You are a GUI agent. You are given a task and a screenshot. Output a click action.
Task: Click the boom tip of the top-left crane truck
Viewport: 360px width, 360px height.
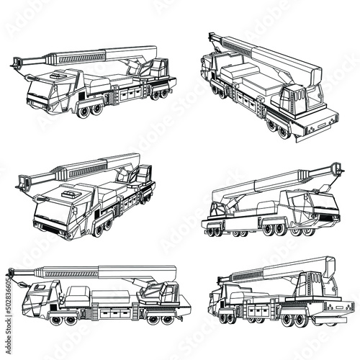tap(16, 64)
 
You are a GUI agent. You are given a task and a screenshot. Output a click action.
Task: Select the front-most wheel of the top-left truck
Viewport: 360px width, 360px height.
tap(85, 111)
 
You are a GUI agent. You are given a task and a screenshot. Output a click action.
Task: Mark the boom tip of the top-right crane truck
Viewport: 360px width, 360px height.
tap(210, 38)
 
